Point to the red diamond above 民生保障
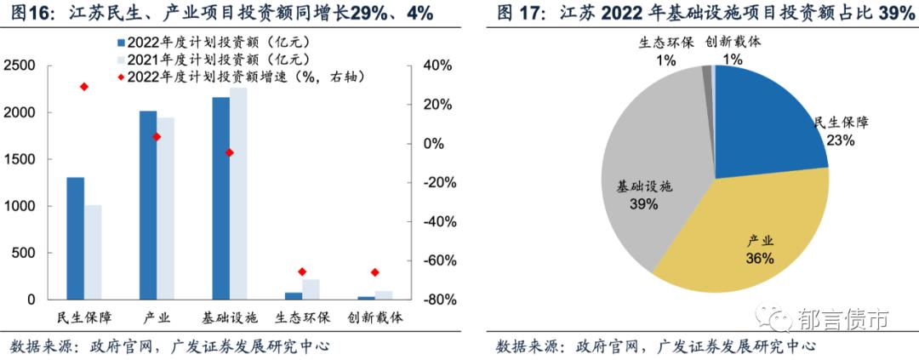[83, 87]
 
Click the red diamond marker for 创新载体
[374, 272]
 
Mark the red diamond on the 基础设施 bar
[229, 152]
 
